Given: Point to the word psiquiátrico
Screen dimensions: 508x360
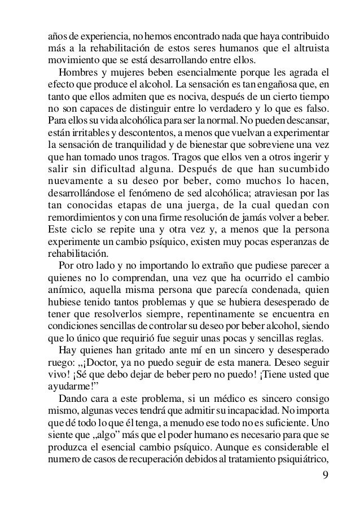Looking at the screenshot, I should pos(305,464).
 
